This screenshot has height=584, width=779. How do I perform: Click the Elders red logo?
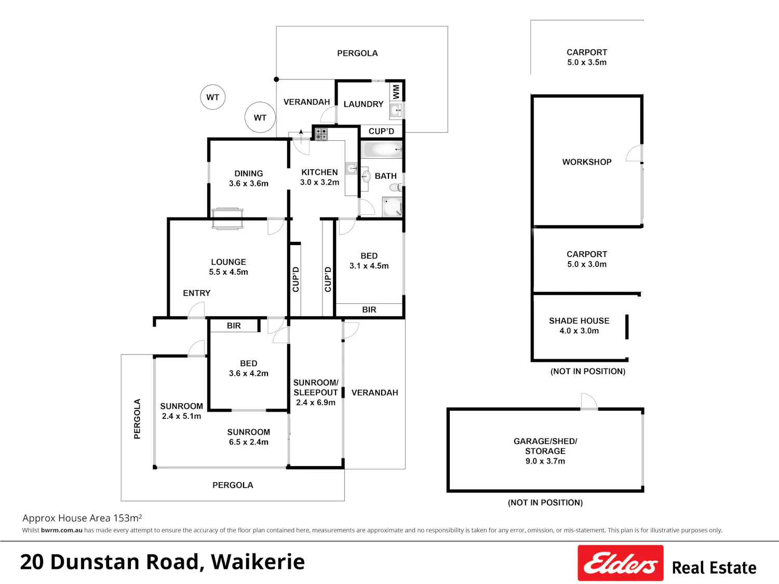point(620,562)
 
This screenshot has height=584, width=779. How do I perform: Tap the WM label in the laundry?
point(396,92)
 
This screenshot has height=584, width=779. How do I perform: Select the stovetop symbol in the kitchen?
point(321,134)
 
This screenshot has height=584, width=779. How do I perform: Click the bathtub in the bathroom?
point(382,150)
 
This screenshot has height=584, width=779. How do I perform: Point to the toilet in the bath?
point(396,187)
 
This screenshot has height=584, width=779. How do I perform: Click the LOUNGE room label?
point(229,262)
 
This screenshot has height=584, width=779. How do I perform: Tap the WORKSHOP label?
point(587,162)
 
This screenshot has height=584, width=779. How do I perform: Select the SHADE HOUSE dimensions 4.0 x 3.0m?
point(579,331)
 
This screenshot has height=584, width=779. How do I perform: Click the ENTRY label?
point(197,293)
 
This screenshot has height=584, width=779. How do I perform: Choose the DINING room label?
point(248,173)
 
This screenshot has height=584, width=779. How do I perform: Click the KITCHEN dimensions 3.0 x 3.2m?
point(319,182)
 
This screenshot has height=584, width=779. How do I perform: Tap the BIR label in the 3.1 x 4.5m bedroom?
point(369,309)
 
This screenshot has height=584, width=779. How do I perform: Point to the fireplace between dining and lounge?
point(227,219)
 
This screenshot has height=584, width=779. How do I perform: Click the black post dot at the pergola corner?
point(276,79)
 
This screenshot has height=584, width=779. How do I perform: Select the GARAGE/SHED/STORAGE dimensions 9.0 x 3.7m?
point(545,461)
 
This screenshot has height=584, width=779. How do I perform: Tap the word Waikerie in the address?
point(258,562)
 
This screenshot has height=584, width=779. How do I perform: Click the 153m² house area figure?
point(128,518)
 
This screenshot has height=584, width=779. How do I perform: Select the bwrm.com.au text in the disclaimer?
point(62,530)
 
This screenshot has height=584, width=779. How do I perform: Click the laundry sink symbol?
point(396,110)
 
